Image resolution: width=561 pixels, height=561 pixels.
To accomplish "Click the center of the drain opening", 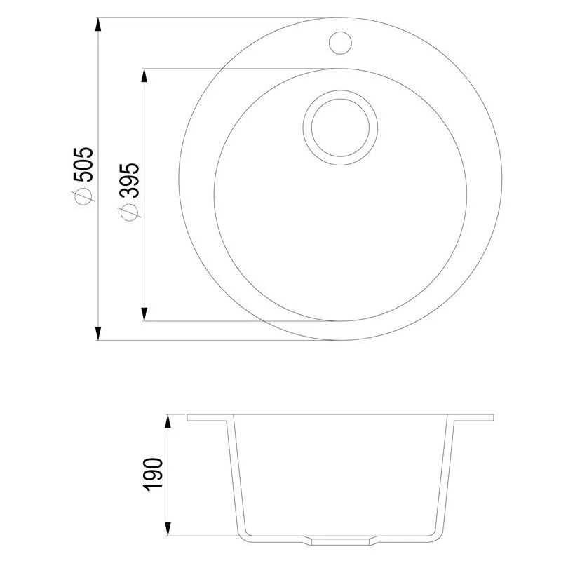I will click(x=341, y=126).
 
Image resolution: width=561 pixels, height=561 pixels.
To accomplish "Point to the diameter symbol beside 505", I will click(x=83, y=197).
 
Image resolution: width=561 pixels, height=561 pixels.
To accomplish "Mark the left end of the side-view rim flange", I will click(x=189, y=418).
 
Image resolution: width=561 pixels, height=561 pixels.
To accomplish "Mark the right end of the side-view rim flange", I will click(x=493, y=418).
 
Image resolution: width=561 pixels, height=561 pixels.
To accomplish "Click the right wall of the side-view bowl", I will click(x=447, y=477).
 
